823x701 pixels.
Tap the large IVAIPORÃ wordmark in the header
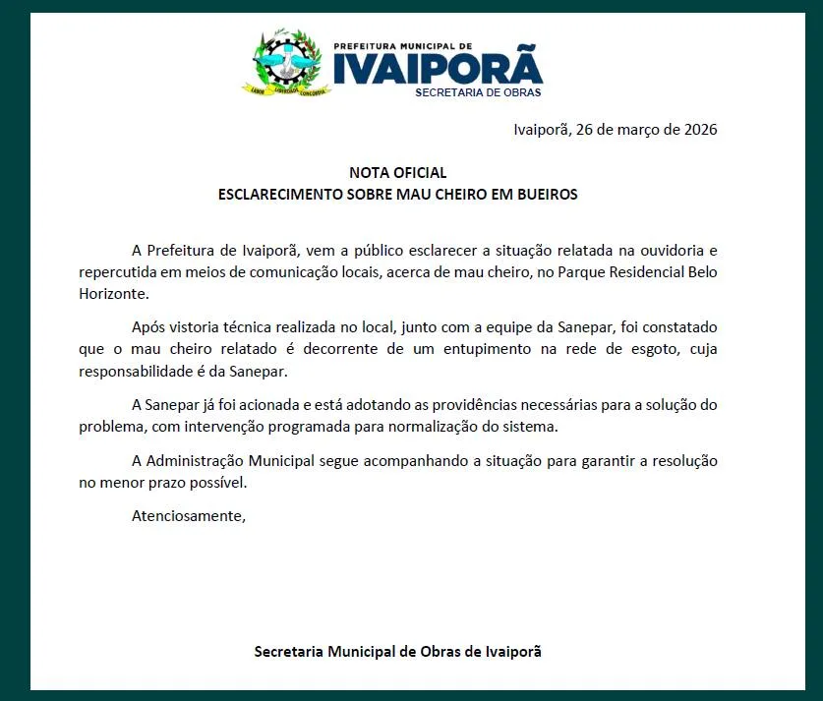click(x=438, y=68)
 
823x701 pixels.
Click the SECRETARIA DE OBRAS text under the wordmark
click(x=478, y=92)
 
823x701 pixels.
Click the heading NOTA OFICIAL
click(x=397, y=173)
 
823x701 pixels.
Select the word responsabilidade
click(x=136, y=371)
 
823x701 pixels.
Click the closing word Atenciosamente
click(x=188, y=515)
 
